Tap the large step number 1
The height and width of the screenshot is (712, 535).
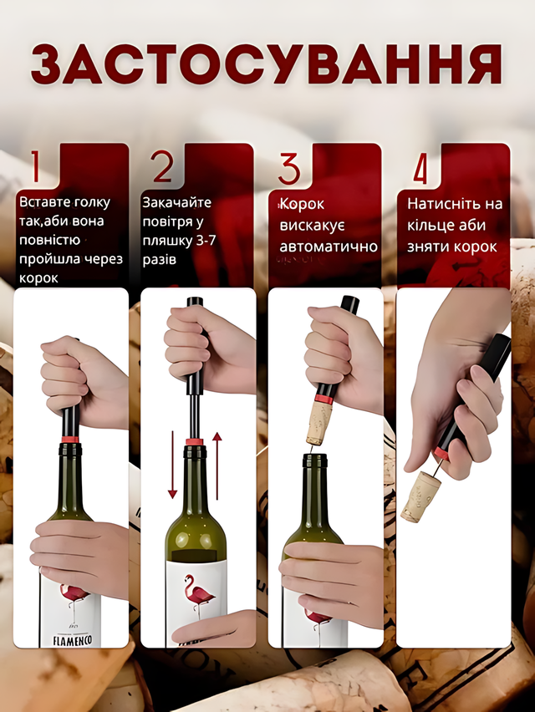click(x=35, y=166)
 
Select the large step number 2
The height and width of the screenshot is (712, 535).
click(x=162, y=166)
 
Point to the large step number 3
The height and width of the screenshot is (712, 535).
click(x=289, y=168)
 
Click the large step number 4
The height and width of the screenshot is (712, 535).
click(x=420, y=168)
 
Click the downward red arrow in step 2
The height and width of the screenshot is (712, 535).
click(x=172, y=465)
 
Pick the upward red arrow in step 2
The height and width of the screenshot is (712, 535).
click(x=217, y=465)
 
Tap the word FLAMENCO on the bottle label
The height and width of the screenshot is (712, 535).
click(x=73, y=641)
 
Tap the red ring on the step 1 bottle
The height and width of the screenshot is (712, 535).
click(x=69, y=439)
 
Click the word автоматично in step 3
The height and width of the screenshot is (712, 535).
click(x=329, y=247)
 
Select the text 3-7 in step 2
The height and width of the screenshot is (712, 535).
click(x=206, y=240)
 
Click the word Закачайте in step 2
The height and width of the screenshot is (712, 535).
click(x=177, y=202)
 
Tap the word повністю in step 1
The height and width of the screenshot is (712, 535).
click(x=50, y=241)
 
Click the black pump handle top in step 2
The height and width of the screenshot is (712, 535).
click(x=195, y=304)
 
